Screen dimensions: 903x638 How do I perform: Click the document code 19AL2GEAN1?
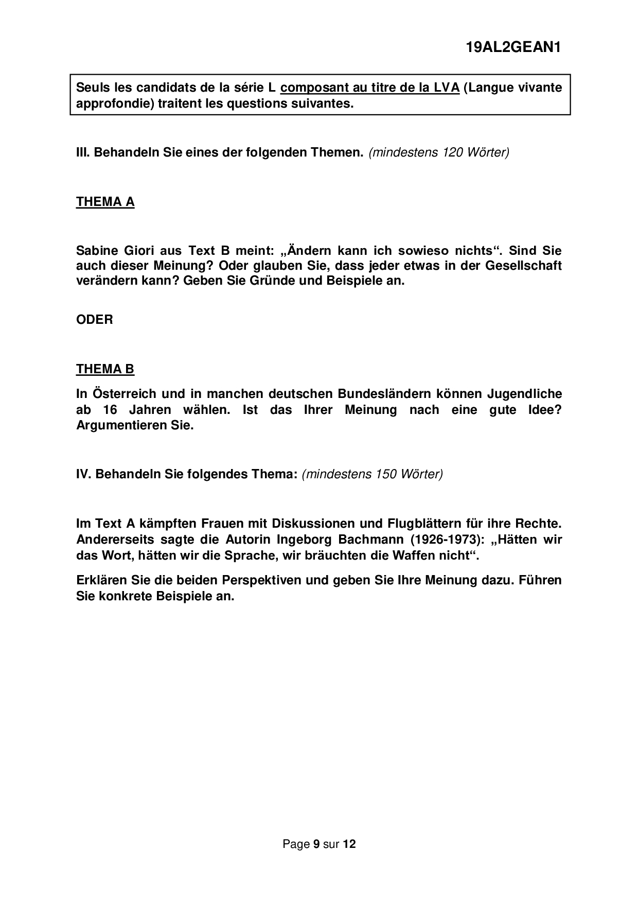[512, 48]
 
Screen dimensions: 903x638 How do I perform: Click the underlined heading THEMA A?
[105, 202]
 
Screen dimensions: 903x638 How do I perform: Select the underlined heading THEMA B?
[105, 369]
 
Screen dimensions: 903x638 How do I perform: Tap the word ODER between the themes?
[95, 320]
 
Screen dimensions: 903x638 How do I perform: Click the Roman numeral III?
[82, 152]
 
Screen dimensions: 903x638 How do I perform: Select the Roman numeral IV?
[83, 474]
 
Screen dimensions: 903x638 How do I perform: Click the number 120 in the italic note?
[452, 152]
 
